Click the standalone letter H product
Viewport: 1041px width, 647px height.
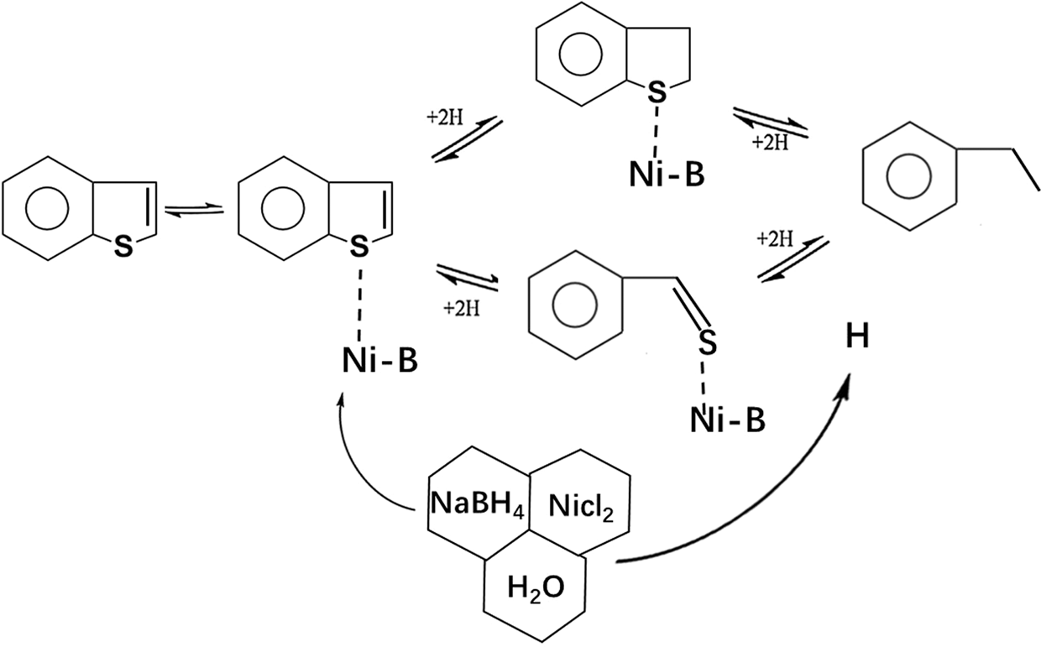tap(857, 338)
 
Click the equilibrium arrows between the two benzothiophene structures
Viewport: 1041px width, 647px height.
tap(194, 211)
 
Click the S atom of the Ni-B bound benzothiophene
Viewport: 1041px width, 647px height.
tap(358, 246)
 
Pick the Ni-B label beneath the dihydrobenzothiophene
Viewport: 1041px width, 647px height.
tap(667, 175)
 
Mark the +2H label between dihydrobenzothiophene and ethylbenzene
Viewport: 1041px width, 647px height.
tap(770, 143)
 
